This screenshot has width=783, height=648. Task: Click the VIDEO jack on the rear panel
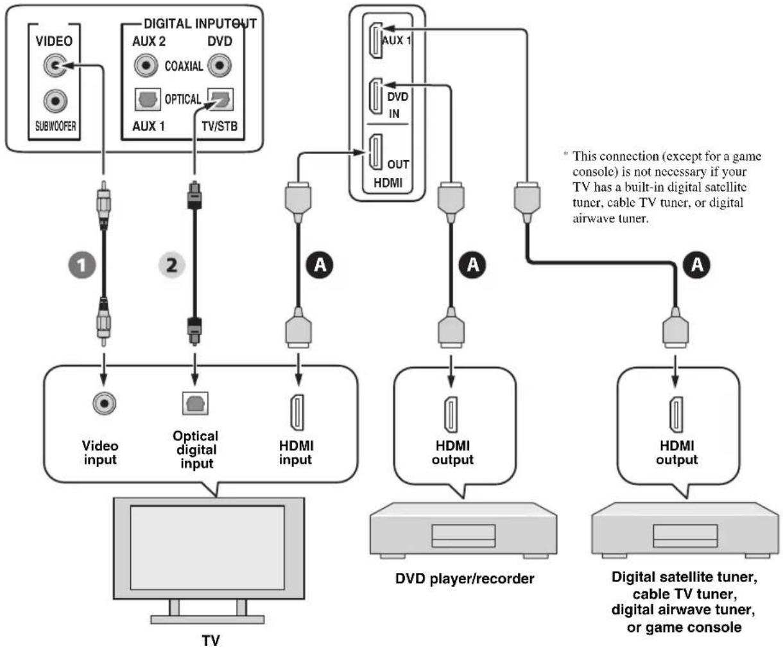coord(55,66)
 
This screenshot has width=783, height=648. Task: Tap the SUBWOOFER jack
coord(55,101)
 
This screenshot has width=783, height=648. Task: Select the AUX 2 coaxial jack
coord(146,66)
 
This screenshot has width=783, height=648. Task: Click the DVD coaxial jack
coord(219,66)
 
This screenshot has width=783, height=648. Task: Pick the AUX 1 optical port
coord(148,100)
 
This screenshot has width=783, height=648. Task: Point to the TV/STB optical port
coord(221,100)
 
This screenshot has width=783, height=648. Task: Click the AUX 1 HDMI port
coord(376,40)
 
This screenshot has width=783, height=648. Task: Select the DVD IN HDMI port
coord(376,96)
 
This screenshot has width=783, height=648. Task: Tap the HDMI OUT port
coord(376,152)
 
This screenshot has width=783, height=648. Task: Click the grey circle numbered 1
coord(82,265)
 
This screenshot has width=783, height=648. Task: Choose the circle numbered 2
coord(172,265)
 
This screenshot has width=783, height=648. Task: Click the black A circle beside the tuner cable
coord(697,265)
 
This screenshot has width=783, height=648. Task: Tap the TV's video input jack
coord(104,403)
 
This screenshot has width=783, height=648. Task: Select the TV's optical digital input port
coord(195,403)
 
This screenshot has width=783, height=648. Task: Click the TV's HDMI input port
coord(297,412)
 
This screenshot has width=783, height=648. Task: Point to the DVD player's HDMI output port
coord(451,415)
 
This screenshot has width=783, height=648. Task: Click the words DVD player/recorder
coord(465,579)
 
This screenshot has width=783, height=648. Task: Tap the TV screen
coord(207,547)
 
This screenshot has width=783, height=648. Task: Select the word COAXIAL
coord(184,66)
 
